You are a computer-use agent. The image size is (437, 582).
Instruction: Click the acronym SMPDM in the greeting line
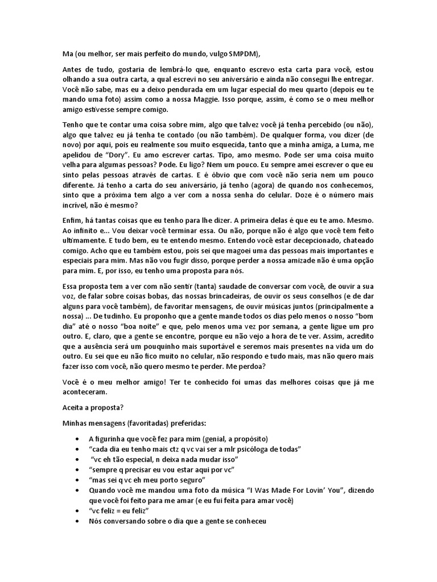click(243, 54)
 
